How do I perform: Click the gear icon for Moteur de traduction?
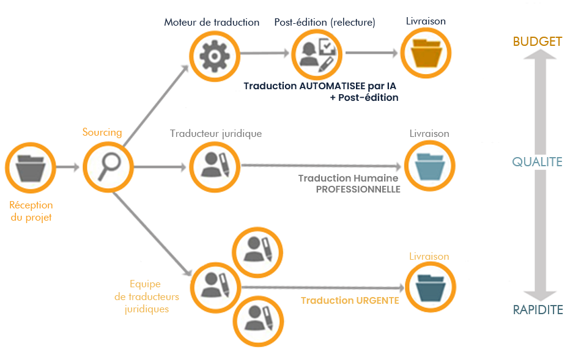click(x=213, y=54)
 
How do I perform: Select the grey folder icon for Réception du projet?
click(x=30, y=167)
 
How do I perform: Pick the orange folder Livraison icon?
click(x=426, y=54)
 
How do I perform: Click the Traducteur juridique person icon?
click(x=215, y=166)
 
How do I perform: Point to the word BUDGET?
click(x=538, y=42)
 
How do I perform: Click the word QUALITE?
click(x=537, y=162)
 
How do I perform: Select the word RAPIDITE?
click(x=538, y=310)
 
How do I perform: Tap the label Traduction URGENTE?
click(x=350, y=301)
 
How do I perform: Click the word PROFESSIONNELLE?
click(x=358, y=189)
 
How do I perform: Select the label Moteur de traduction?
click(x=212, y=23)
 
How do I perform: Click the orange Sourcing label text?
click(x=102, y=132)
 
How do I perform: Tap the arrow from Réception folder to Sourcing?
click(x=67, y=166)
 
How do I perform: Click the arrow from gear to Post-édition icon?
click(x=264, y=54)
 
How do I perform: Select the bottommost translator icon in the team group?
click(x=257, y=318)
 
